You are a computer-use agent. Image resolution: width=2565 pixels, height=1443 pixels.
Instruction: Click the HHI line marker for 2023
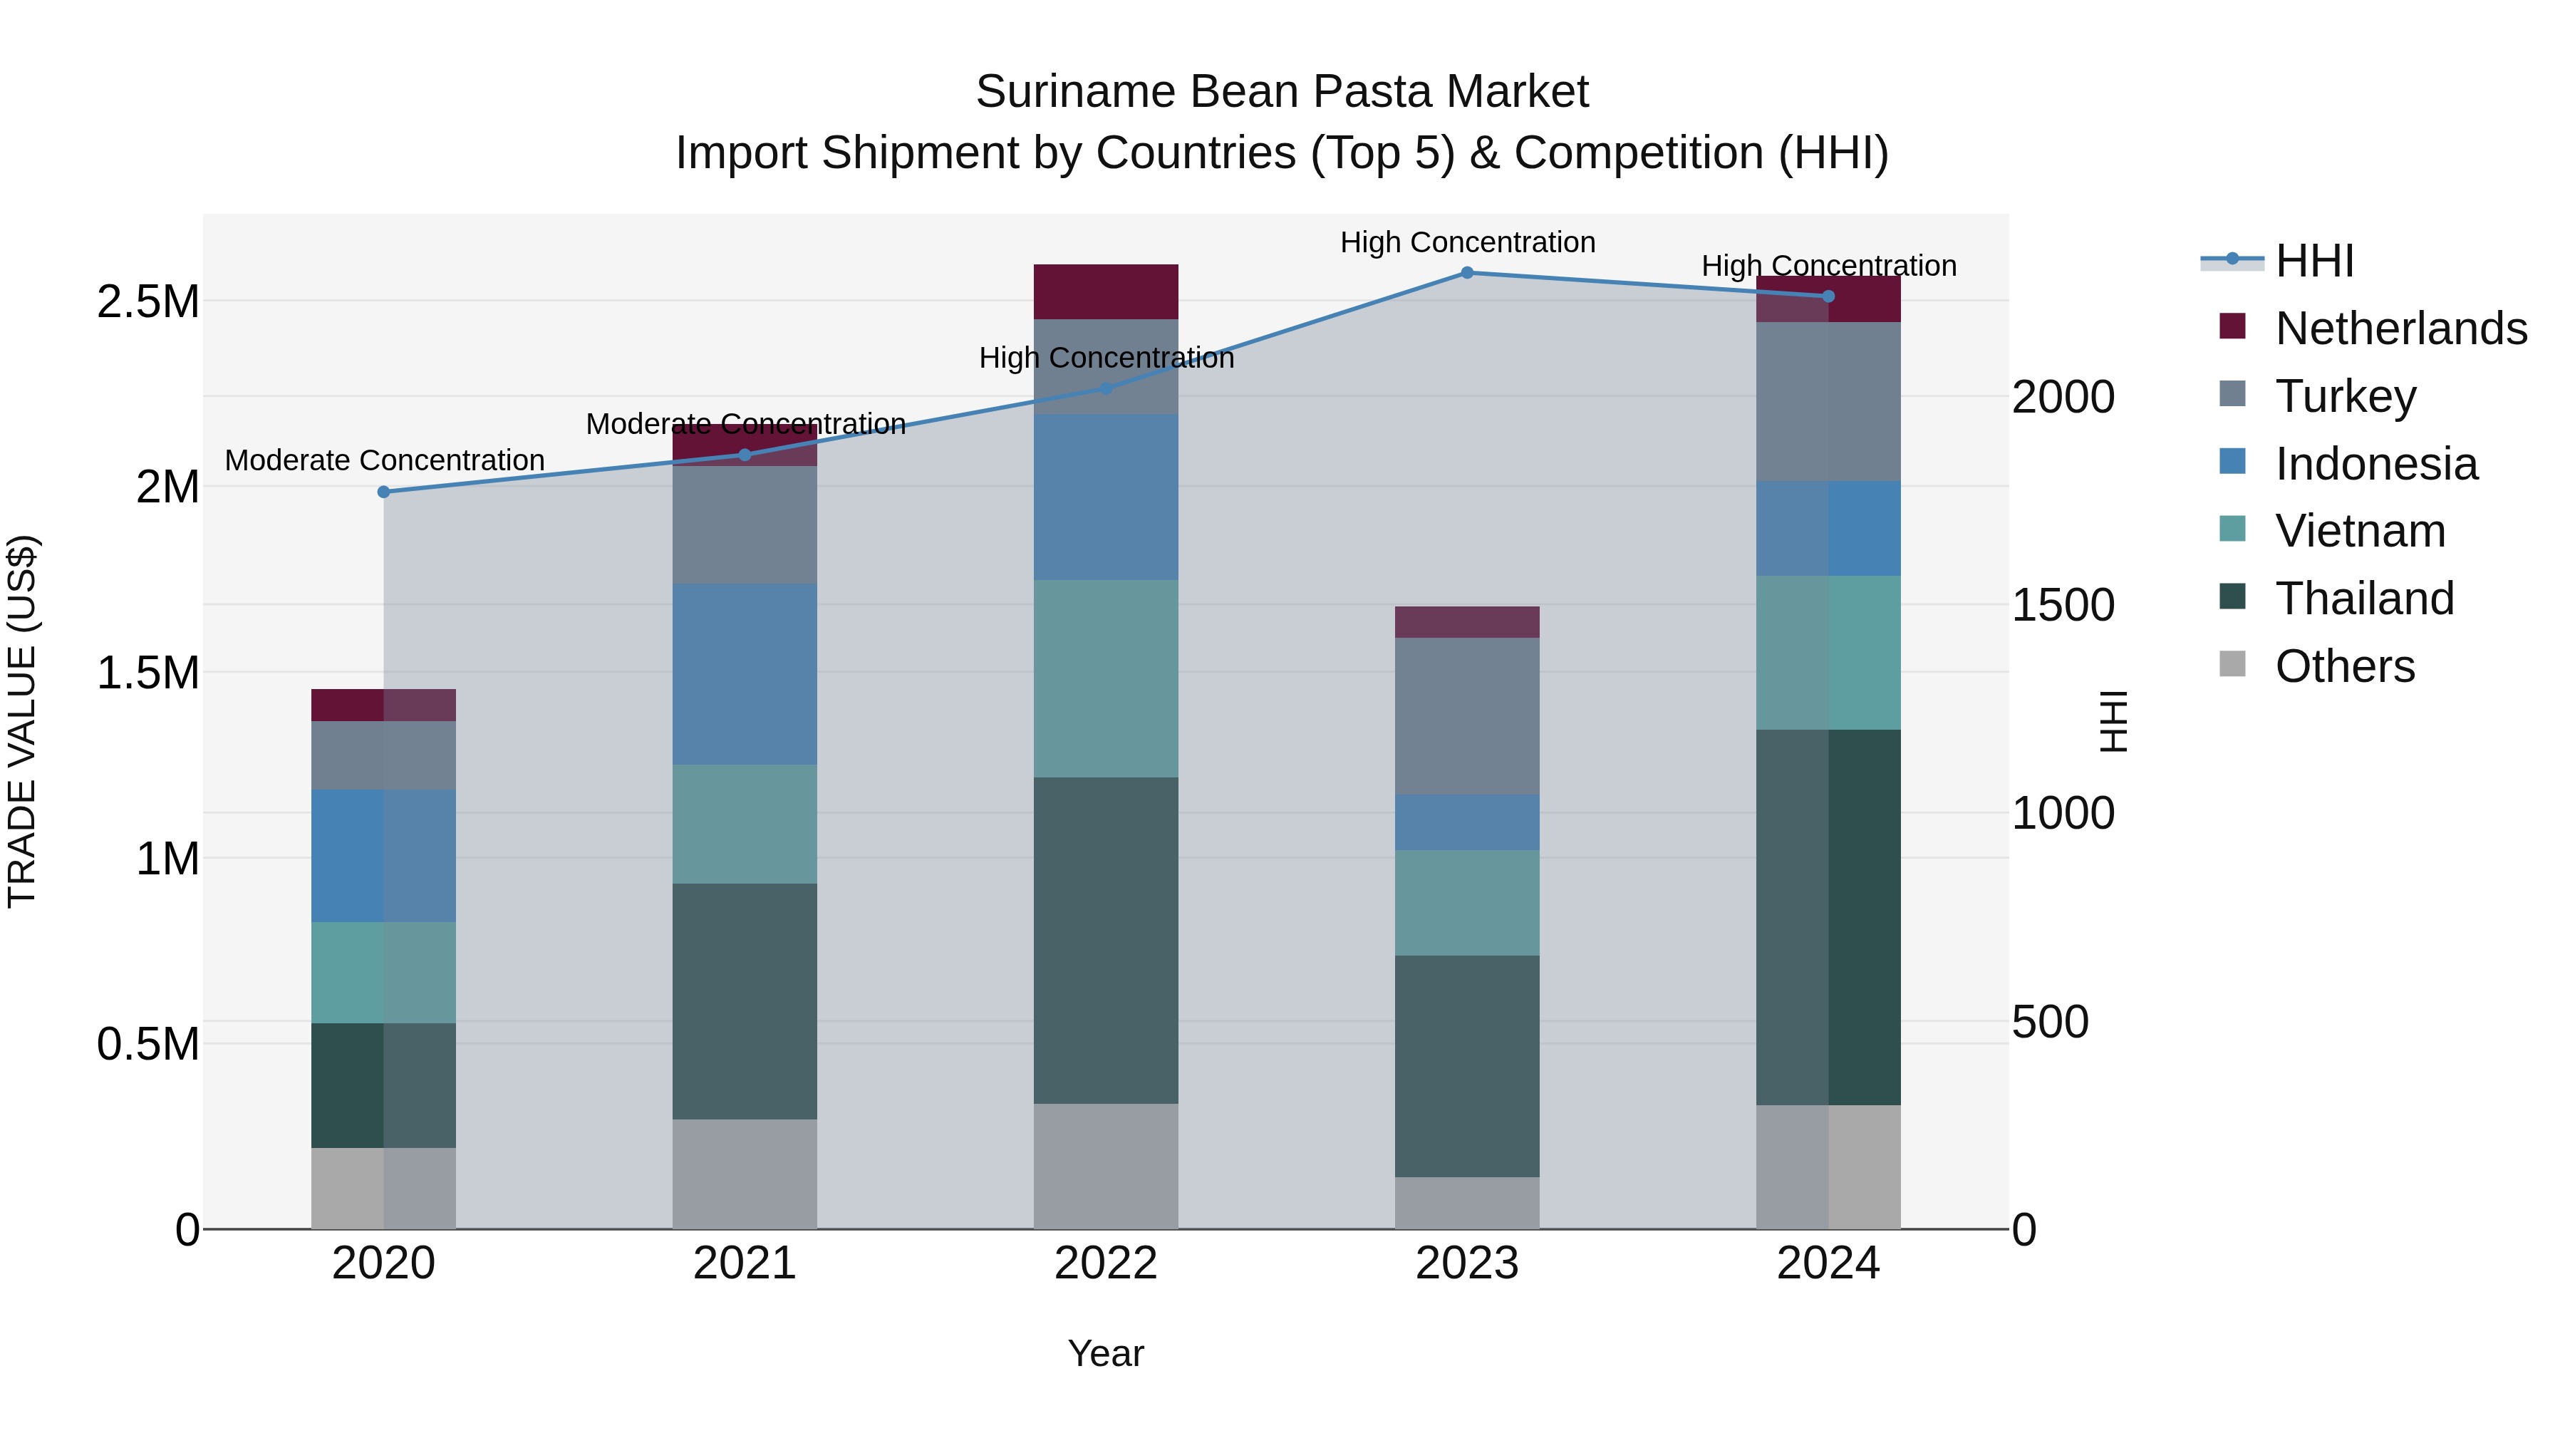coord(1467,273)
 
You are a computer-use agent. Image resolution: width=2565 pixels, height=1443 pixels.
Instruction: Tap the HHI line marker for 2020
coord(383,492)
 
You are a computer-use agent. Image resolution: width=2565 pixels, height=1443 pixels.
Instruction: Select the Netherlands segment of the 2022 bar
coord(1105,291)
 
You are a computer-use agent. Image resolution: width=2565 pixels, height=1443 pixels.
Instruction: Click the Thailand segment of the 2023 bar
coord(1467,1065)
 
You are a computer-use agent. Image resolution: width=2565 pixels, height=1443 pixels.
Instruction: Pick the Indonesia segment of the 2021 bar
coord(745,674)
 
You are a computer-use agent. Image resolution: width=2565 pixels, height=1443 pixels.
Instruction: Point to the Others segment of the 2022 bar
coord(1105,1166)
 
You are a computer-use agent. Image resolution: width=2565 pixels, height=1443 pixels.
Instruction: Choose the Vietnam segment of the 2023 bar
coord(1467,902)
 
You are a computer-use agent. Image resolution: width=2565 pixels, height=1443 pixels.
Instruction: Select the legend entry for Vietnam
coord(2360,531)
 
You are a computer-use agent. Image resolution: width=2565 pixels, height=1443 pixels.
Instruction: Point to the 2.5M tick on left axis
coord(148,301)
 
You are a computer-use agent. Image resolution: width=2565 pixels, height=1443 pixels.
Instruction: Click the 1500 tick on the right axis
coord(2063,606)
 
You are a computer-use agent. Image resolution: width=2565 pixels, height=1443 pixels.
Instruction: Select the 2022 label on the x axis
coord(1105,1263)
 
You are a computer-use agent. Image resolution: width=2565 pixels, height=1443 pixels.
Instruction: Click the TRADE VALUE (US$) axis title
coord(22,721)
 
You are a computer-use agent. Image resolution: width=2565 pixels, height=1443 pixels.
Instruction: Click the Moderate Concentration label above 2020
coord(384,460)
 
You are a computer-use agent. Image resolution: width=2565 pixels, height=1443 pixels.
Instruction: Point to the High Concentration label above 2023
coord(1468,242)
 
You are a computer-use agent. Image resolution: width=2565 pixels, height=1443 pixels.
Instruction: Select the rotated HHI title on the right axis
coord(2112,721)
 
